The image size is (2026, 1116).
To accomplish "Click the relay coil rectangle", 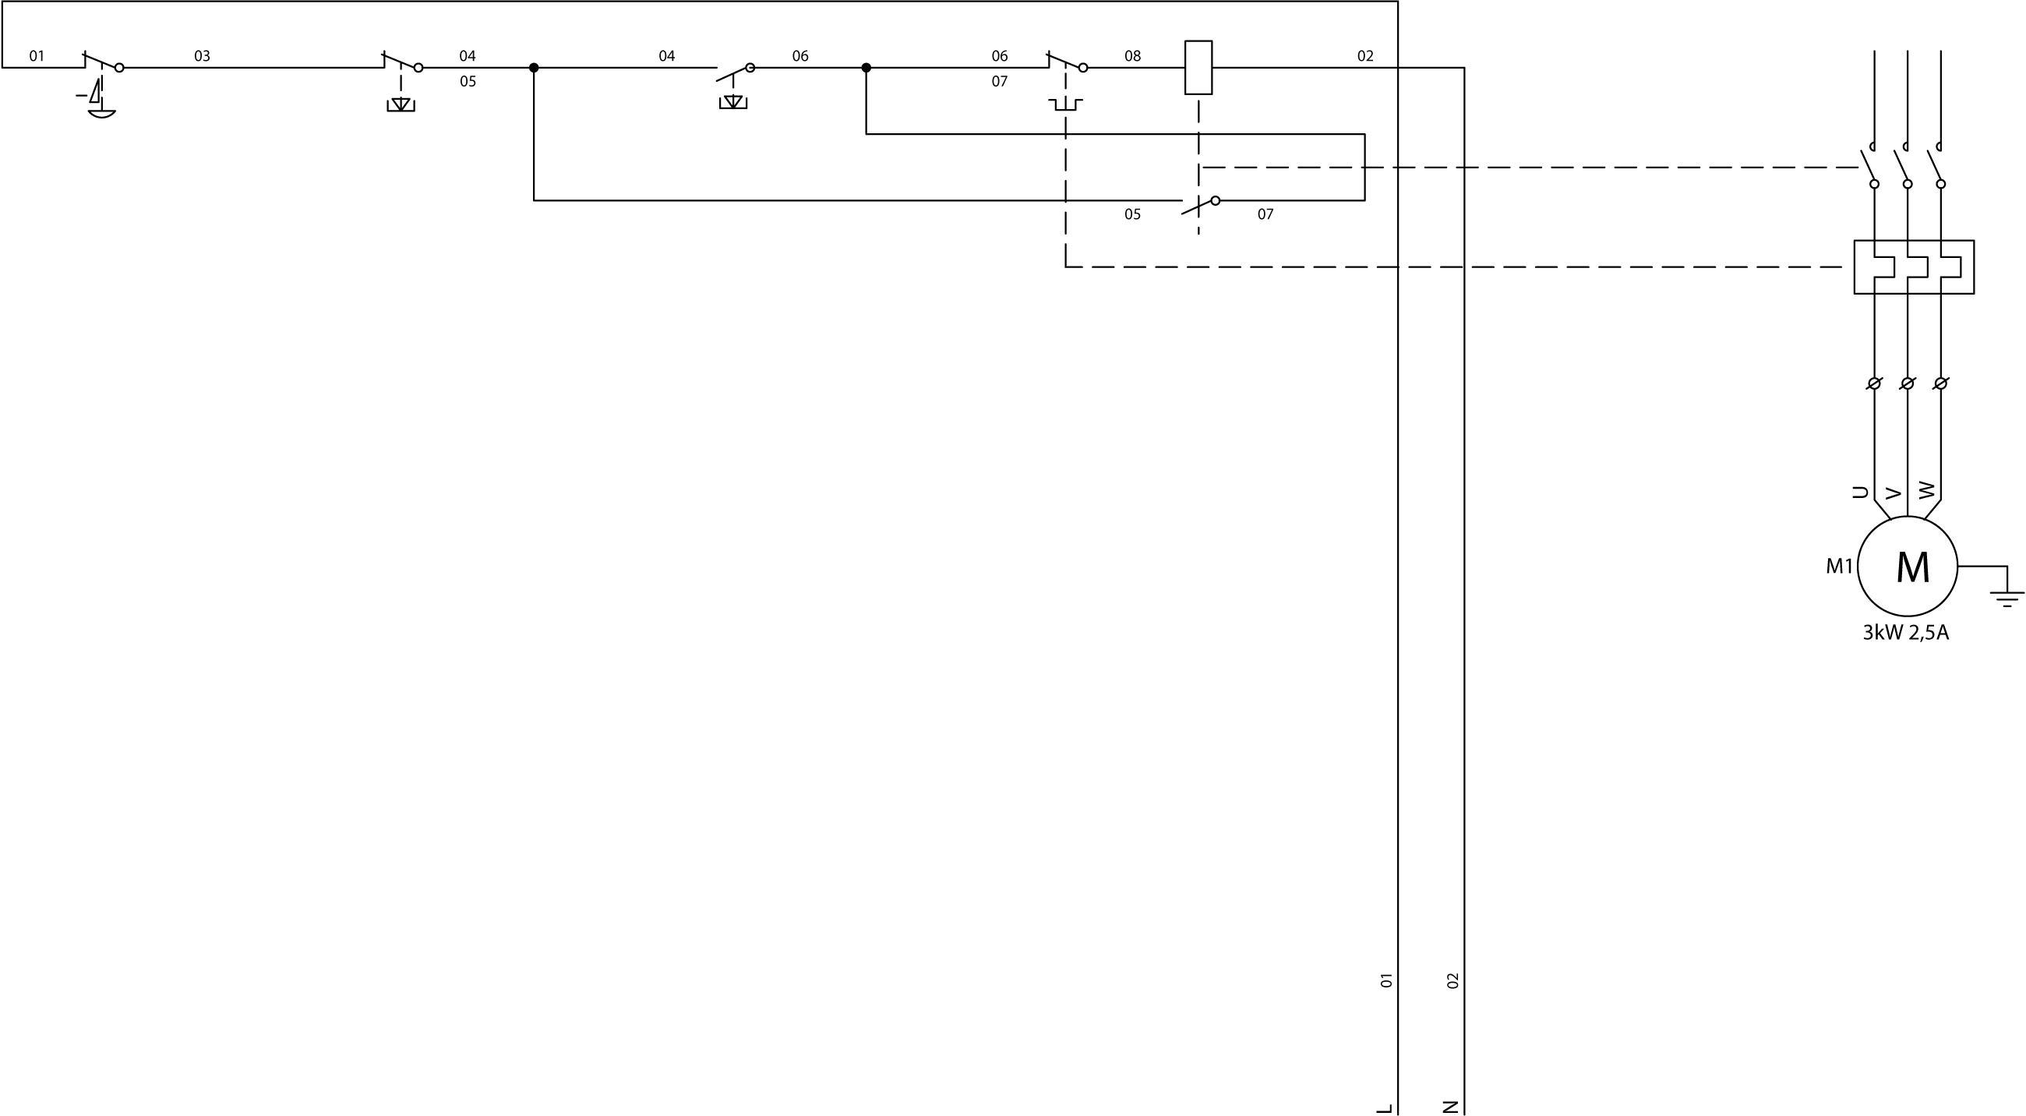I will point(1198,68).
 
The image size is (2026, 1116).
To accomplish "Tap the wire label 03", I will point(202,56).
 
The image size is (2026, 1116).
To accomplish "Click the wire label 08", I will point(1132,56).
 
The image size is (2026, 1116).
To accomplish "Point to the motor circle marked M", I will point(1908,567).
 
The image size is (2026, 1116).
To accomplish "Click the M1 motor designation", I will point(1839,567).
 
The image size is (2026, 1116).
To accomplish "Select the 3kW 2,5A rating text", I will point(1906,633).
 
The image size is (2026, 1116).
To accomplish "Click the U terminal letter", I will point(1860,493).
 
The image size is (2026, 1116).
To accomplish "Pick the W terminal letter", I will point(1926,490).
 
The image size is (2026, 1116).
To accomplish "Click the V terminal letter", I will point(1893,494).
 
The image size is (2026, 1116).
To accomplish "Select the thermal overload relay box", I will point(1914,267).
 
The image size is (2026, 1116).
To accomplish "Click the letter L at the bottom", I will point(1385,1107).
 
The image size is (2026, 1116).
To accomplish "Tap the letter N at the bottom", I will point(1452,1107).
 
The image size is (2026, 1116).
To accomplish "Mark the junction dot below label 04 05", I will point(534,68).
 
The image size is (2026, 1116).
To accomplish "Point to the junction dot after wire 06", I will point(866,68).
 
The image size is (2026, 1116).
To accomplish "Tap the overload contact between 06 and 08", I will point(1067,63).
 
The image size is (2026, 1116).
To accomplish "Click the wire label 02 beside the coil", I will point(1365,56).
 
